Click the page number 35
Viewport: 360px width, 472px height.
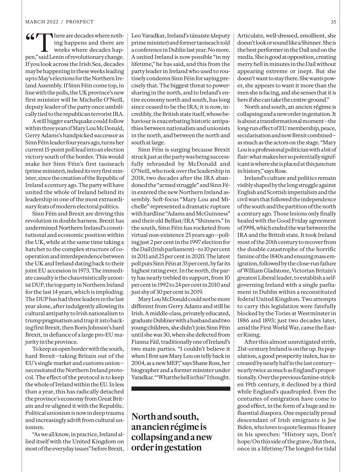(x=333, y=22)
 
